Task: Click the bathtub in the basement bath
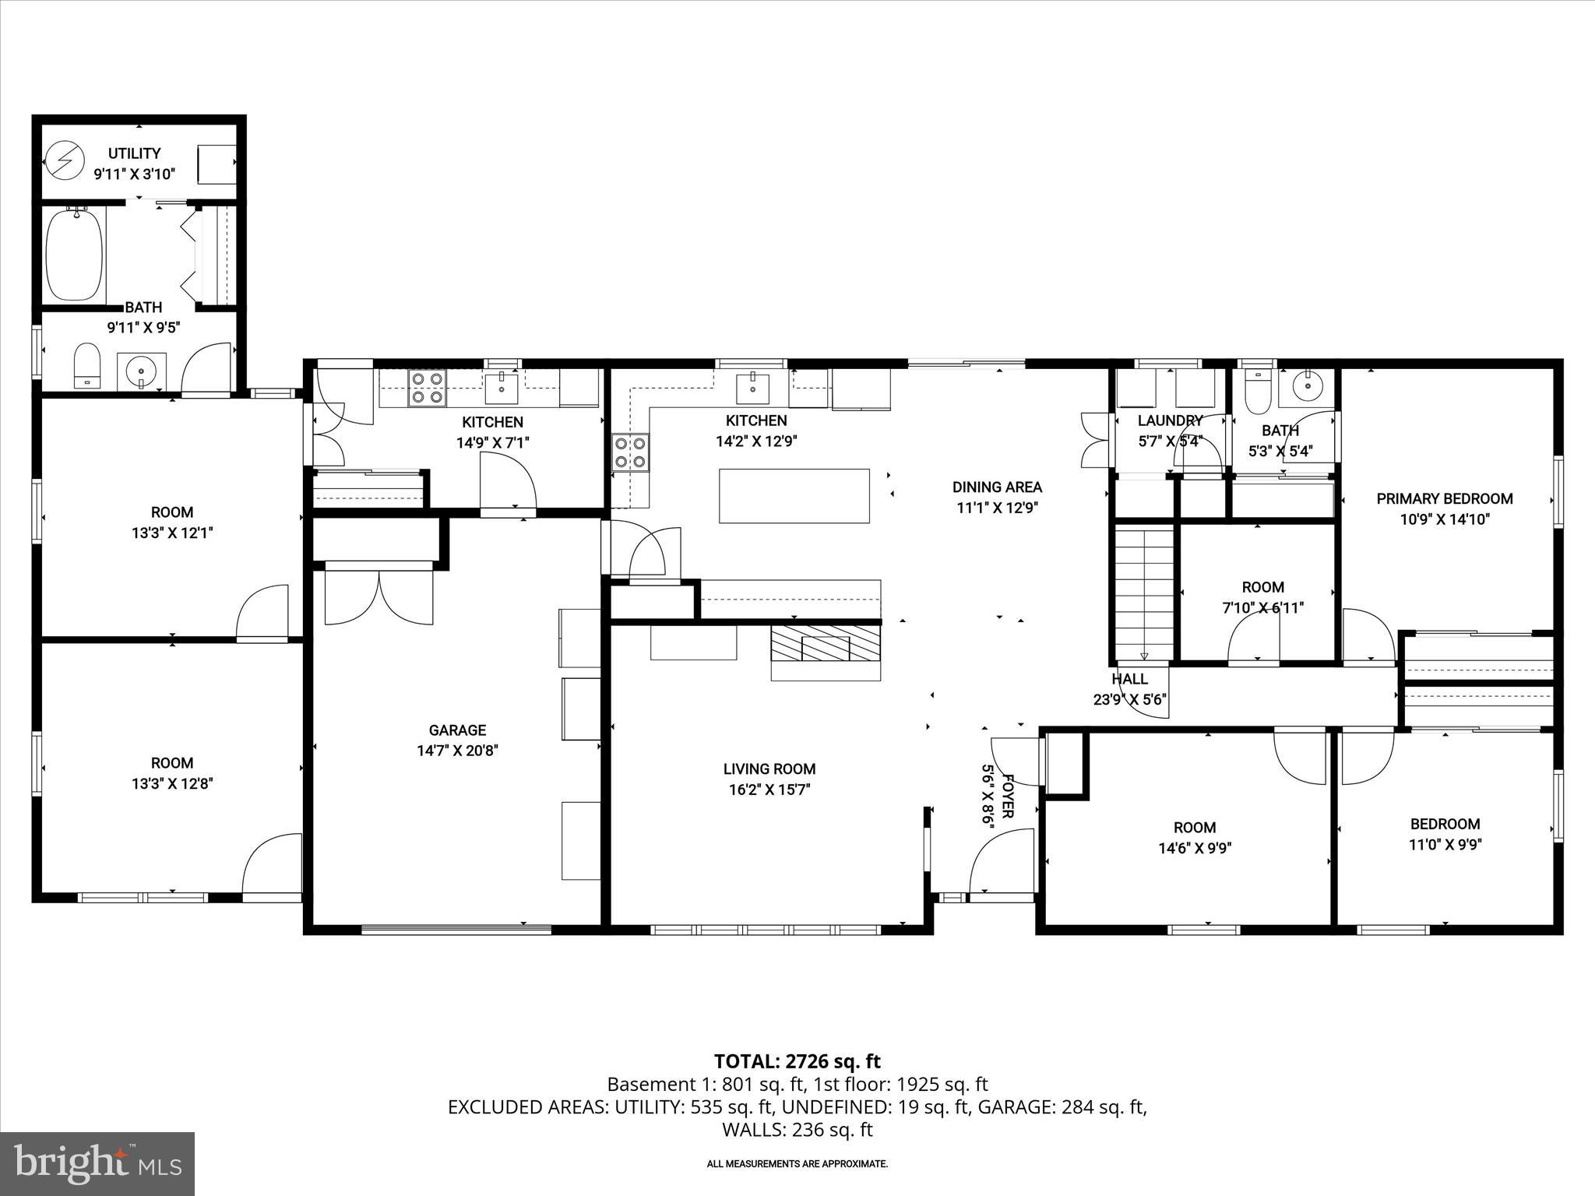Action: (x=74, y=255)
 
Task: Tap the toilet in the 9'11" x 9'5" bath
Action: (x=86, y=366)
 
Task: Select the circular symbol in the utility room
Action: (x=63, y=160)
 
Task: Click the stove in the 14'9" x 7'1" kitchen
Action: (x=427, y=387)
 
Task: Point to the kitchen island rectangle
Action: (x=794, y=495)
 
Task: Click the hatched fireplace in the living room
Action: (x=825, y=642)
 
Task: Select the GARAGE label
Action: (x=457, y=730)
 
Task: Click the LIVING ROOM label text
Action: (x=769, y=769)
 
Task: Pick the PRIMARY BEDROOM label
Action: (x=1444, y=499)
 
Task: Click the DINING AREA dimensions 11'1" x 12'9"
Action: (x=998, y=508)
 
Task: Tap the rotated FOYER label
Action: (x=1006, y=796)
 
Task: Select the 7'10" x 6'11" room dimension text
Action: (x=1262, y=607)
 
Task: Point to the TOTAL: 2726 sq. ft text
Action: (x=797, y=1061)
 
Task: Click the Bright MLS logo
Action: (x=97, y=1163)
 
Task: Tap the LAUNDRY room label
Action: (x=1170, y=420)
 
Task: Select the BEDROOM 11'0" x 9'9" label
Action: (x=1445, y=834)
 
